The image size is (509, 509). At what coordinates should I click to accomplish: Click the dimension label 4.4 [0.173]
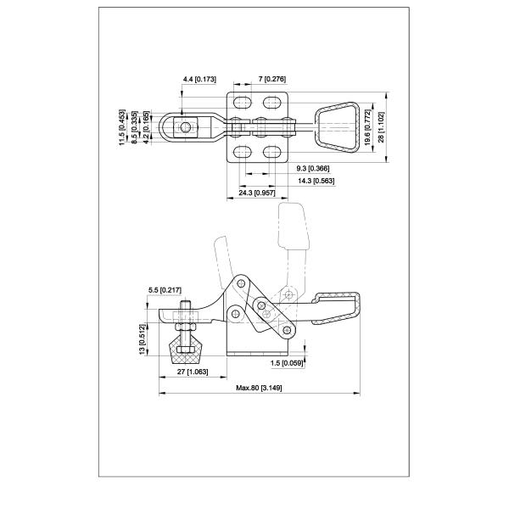[199, 79]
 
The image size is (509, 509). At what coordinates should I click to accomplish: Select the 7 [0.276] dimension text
[272, 79]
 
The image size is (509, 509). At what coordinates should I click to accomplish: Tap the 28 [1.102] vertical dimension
[382, 127]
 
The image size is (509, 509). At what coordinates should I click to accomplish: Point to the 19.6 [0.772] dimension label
[367, 127]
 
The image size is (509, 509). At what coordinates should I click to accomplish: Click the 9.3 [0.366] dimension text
[313, 169]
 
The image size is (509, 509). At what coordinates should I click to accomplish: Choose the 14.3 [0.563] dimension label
[316, 181]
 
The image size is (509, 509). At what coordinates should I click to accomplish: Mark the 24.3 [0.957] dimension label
[257, 193]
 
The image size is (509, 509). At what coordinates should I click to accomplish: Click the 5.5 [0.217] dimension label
[165, 290]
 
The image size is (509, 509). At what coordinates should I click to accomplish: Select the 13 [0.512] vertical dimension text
[143, 339]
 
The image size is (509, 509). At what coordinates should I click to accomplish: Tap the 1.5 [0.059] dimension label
[287, 363]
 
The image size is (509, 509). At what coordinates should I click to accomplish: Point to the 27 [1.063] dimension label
[193, 372]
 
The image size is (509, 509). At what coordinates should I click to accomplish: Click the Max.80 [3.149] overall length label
[259, 388]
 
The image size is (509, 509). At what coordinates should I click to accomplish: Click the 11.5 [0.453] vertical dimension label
[121, 127]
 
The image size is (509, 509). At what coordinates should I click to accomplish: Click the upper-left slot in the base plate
[243, 103]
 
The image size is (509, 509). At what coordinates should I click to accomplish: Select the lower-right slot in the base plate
[272, 152]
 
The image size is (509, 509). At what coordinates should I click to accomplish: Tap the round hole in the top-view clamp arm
[185, 127]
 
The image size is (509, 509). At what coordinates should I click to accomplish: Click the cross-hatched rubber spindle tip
[185, 350]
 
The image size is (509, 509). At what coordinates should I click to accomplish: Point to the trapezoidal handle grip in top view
[337, 127]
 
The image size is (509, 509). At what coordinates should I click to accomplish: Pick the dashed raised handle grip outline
[293, 227]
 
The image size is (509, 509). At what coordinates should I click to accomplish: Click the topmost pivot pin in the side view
[241, 283]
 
